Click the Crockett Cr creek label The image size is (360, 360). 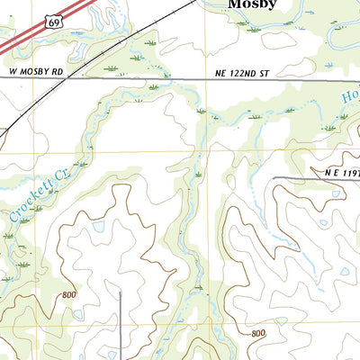coord(31,199)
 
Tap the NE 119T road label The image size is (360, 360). coord(340,171)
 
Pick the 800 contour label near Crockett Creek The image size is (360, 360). coord(70,295)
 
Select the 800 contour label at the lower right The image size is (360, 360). coord(258,334)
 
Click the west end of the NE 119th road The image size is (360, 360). coord(274,178)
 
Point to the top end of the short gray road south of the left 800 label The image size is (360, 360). coord(120,292)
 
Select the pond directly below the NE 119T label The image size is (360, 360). coord(323,221)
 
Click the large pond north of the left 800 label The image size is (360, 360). coord(98,228)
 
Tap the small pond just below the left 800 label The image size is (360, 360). coord(78,314)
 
